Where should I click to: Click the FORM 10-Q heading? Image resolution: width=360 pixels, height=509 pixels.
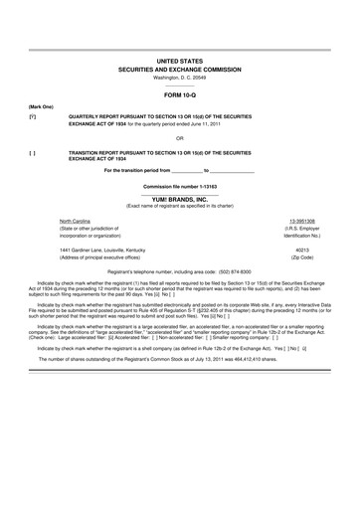coord(179,94)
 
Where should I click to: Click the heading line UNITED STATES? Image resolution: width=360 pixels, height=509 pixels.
coord(179,61)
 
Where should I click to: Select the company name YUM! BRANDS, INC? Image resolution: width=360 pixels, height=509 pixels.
coord(179,198)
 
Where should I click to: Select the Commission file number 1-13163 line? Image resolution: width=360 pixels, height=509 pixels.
coord(179,186)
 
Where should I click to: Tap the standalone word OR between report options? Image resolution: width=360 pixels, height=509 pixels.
coord(179,137)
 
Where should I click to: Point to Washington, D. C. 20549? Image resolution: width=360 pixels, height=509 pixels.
coord(179,77)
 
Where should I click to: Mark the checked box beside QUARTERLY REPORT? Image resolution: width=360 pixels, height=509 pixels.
coord(33,115)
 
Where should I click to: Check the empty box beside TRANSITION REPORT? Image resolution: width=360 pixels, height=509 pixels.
coord(33,151)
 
